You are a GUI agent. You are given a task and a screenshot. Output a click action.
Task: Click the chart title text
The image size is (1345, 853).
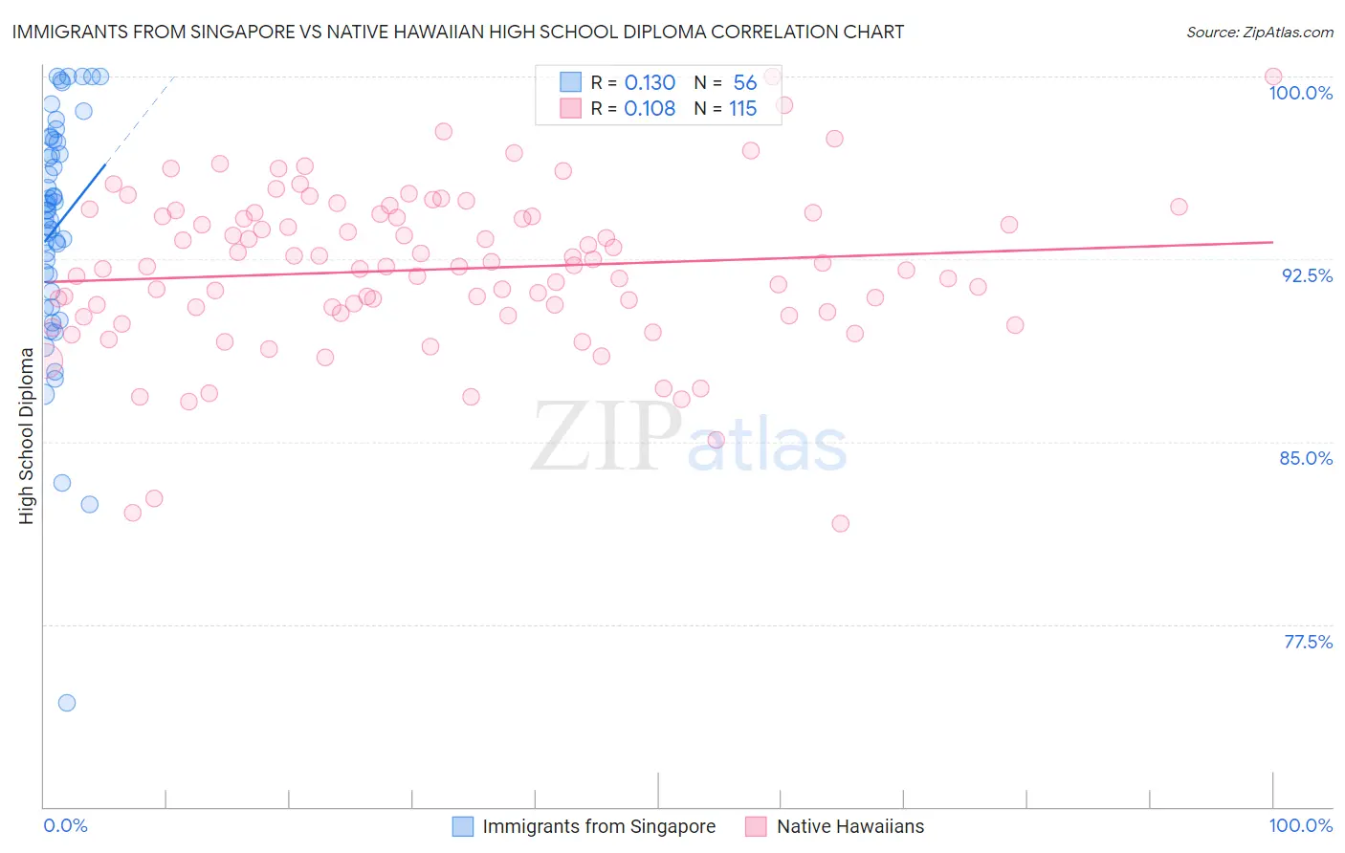(457, 32)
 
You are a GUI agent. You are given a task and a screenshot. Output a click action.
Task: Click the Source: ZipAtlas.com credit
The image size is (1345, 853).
(1259, 33)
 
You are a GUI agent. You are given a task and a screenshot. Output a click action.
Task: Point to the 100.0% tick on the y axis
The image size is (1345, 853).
(1300, 93)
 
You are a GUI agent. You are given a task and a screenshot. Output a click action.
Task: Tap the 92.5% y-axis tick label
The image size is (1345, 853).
(1307, 275)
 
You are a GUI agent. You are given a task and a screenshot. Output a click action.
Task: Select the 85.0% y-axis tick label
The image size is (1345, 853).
(1306, 458)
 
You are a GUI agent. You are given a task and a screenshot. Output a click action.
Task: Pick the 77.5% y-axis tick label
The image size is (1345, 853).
(1308, 642)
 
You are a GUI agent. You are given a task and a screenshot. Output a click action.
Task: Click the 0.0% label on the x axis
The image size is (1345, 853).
(65, 825)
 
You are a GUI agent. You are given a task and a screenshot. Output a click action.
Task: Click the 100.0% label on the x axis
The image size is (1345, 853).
(1300, 825)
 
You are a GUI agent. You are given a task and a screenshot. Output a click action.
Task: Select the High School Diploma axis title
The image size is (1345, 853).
(27, 435)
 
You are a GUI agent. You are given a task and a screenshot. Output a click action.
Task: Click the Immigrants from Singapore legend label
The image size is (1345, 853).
(599, 826)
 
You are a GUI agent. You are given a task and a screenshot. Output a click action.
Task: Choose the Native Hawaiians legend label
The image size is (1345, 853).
(850, 826)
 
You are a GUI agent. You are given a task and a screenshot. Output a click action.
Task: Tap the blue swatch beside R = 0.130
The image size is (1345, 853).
(571, 82)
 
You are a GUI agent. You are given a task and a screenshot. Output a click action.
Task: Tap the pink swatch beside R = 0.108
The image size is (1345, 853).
(571, 108)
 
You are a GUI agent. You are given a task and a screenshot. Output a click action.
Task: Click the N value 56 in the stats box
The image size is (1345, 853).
(745, 82)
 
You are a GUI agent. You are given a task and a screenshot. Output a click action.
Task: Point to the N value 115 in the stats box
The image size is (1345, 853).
(743, 108)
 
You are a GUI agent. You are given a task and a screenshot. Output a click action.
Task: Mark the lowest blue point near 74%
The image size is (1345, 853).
(67, 703)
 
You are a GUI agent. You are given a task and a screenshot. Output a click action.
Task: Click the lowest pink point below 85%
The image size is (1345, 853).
(840, 523)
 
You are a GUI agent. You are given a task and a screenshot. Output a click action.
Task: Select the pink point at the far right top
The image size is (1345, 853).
(1272, 77)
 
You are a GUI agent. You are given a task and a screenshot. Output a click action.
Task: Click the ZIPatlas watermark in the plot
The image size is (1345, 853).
(689, 437)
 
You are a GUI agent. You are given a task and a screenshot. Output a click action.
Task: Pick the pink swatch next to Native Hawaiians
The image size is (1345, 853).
(756, 826)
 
